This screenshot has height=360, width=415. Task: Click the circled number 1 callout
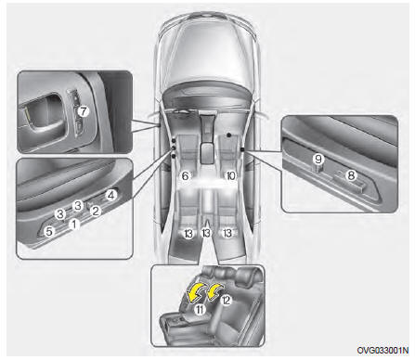pos(74,224)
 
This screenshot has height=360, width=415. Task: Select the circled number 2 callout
pos(96,211)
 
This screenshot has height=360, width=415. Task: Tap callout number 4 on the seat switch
pos(111,195)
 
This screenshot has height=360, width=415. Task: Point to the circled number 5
pos(49,231)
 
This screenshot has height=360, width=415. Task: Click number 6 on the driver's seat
pos(185,176)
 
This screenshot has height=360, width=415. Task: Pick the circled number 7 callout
pos(83,111)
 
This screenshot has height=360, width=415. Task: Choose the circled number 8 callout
pos(351,175)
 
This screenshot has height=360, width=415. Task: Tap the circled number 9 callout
pos(318,159)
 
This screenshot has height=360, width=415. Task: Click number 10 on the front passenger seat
pos(231,176)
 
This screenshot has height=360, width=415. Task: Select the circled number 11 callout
pos(200,309)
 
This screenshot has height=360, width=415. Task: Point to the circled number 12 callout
pos(227,300)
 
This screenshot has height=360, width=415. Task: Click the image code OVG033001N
pos(383,350)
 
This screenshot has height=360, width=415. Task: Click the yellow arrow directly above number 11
pos(195,292)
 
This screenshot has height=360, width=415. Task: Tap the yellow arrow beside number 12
pos(215,290)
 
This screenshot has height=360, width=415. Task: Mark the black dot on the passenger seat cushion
pos(228,135)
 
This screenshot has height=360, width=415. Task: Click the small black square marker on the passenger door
pos(241,149)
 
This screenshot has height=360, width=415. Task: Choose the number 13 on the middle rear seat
pos(206,233)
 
